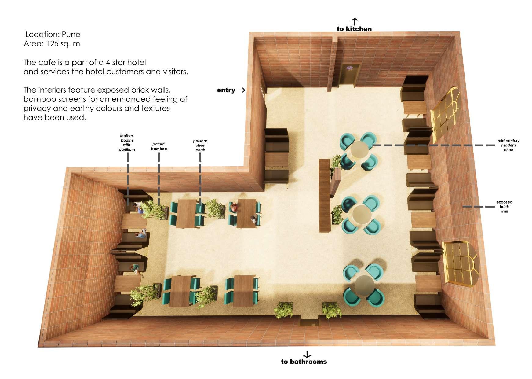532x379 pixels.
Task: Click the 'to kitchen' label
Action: (354, 29)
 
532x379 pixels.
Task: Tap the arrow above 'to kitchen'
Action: (354, 22)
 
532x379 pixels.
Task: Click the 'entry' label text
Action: (226, 90)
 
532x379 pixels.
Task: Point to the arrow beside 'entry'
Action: (242, 90)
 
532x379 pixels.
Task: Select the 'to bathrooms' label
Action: (304, 362)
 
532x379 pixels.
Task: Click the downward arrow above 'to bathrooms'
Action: (307, 354)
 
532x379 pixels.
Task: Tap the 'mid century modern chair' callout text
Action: (508, 145)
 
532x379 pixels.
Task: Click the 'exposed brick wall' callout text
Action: (504, 207)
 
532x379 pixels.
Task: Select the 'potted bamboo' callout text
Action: (159, 146)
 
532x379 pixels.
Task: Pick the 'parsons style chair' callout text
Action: (200, 145)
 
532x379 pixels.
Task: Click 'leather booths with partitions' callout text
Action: (127, 142)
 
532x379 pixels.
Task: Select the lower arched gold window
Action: (461, 262)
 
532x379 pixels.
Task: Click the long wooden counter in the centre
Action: (325, 196)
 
